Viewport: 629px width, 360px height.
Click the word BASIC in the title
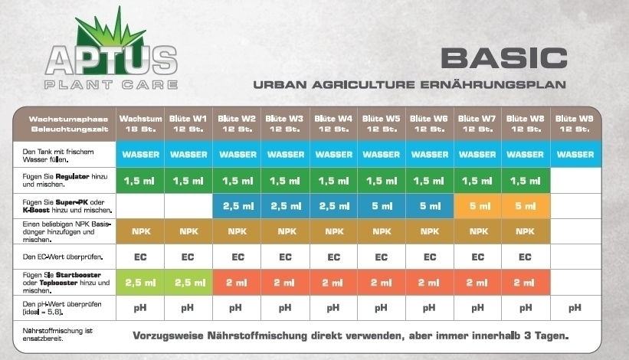(x=504, y=58)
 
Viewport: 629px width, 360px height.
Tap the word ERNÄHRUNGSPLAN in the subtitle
(x=493, y=84)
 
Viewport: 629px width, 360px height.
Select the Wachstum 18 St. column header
(x=140, y=124)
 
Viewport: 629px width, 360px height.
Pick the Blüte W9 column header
(x=575, y=124)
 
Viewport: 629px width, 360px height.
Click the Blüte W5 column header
(x=381, y=124)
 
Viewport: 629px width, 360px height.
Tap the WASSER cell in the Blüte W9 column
(x=575, y=155)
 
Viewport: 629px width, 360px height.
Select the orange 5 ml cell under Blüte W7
(x=478, y=206)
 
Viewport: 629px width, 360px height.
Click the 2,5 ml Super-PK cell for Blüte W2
(x=237, y=206)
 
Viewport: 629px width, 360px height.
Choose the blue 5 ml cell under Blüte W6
(x=430, y=206)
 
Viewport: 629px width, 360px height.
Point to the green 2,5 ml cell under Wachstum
(x=140, y=283)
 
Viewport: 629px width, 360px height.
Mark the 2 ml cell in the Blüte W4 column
(x=333, y=283)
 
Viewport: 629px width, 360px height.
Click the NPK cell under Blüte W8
(x=526, y=231)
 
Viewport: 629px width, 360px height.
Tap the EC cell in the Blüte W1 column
(x=188, y=257)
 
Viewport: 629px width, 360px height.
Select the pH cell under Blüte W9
(x=575, y=308)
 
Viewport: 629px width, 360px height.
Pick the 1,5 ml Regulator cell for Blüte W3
(x=285, y=181)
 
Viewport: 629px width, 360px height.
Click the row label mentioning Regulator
(x=65, y=181)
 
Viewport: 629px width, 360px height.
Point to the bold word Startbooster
(x=78, y=275)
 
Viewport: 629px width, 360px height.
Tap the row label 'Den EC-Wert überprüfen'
(x=63, y=257)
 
